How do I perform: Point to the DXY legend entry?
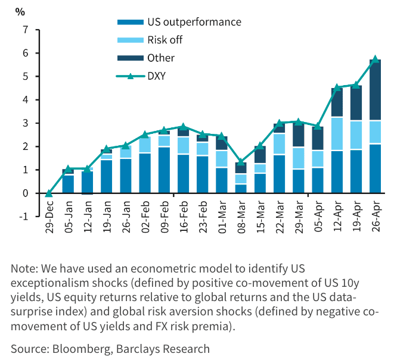(x=156, y=76)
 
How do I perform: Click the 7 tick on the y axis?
(x=25, y=30)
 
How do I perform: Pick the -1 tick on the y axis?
(x=24, y=217)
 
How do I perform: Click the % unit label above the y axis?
(x=20, y=11)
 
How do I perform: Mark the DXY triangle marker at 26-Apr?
(x=376, y=59)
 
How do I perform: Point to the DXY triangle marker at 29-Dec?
(x=49, y=193)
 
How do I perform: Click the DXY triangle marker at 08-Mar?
(x=241, y=162)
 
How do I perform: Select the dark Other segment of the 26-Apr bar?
(x=376, y=90)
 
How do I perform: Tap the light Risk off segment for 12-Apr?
(x=337, y=134)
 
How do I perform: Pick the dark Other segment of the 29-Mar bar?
(x=299, y=135)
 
